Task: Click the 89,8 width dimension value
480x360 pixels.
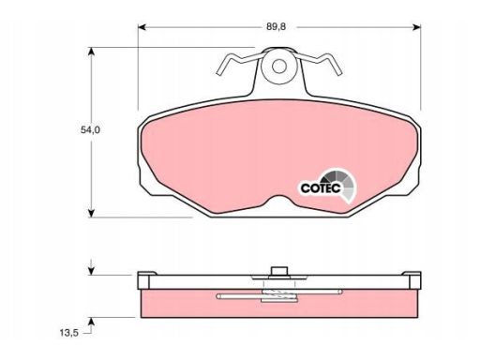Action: (x=276, y=27)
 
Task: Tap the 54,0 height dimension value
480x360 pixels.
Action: (x=90, y=130)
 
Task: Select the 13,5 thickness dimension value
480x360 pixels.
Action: (x=68, y=333)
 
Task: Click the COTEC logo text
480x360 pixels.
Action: (x=321, y=188)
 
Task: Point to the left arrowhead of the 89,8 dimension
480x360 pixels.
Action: (x=142, y=27)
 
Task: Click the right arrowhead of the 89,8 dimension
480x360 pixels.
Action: (x=416, y=27)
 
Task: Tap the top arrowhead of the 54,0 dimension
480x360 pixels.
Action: (x=91, y=52)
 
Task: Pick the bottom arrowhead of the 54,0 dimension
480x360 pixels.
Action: (x=91, y=213)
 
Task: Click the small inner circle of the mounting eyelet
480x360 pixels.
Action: (x=279, y=66)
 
